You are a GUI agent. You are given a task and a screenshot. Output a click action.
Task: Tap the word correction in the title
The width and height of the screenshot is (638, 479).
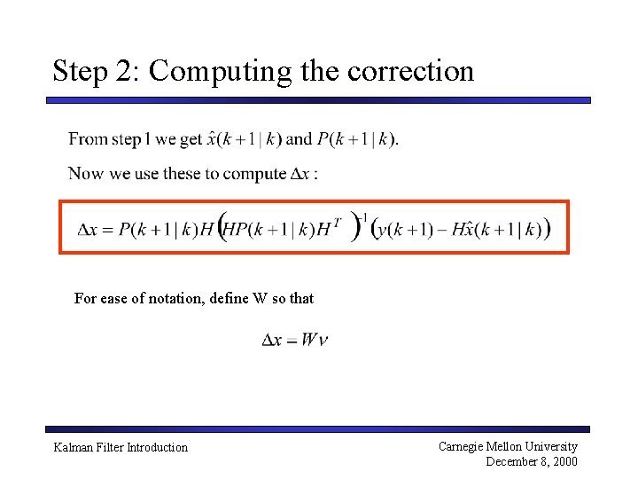(x=411, y=70)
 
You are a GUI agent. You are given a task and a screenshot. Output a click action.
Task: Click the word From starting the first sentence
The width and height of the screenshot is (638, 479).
(x=88, y=138)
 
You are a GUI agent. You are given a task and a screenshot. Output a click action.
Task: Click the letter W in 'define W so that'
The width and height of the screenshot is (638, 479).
(x=259, y=298)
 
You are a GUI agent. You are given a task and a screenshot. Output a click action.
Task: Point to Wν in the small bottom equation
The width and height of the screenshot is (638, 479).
(x=315, y=340)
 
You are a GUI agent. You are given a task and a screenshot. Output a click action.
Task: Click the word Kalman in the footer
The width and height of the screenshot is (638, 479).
(x=73, y=448)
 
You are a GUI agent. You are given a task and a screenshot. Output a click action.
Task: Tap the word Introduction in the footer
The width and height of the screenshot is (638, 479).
(x=157, y=448)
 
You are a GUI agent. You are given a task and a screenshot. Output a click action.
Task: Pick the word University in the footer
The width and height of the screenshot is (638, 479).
(x=549, y=447)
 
